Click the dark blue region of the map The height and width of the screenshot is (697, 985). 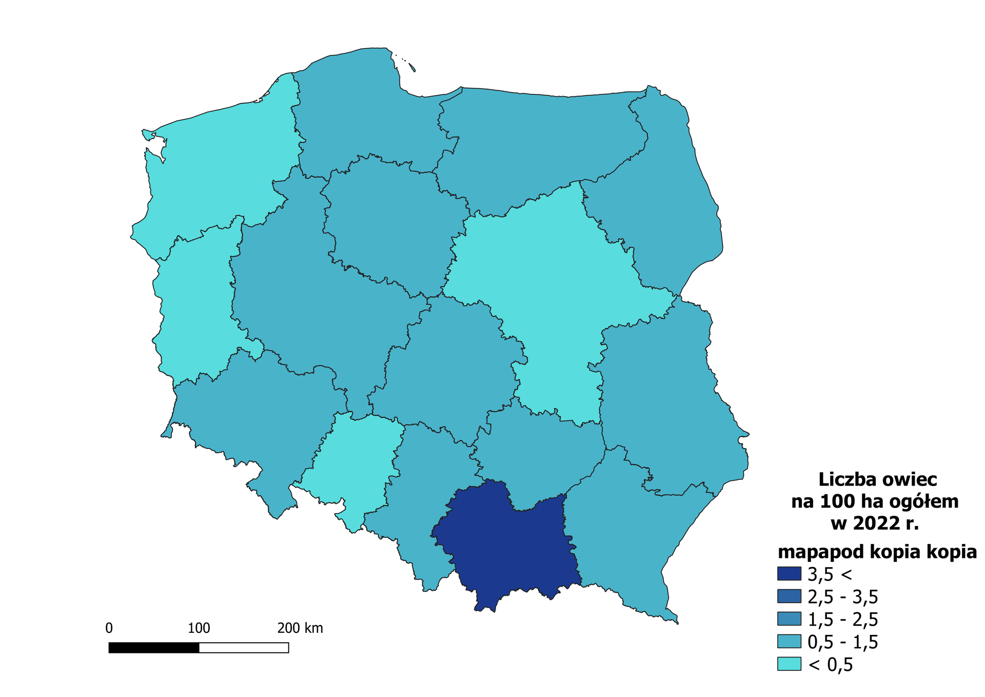click(x=508, y=549)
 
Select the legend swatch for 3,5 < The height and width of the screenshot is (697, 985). click(x=789, y=574)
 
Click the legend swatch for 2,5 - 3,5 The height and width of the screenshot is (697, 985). click(x=789, y=596)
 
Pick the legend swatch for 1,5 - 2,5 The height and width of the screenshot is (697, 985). click(x=789, y=619)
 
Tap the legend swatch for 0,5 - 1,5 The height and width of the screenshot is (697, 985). click(x=789, y=642)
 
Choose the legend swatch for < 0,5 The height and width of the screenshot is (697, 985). click(x=789, y=664)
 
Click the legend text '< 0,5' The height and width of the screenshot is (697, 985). click(x=830, y=665)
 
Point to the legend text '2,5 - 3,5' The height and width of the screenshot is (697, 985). click(x=842, y=597)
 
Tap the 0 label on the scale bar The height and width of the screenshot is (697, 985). click(x=109, y=628)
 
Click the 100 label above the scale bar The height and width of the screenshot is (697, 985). click(x=199, y=628)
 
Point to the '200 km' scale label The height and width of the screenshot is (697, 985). click(x=300, y=628)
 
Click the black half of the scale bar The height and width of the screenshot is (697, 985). click(x=154, y=648)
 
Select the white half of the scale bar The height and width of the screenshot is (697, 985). click(x=244, y=648)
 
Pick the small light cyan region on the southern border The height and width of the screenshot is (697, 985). click(x=354, y=462)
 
